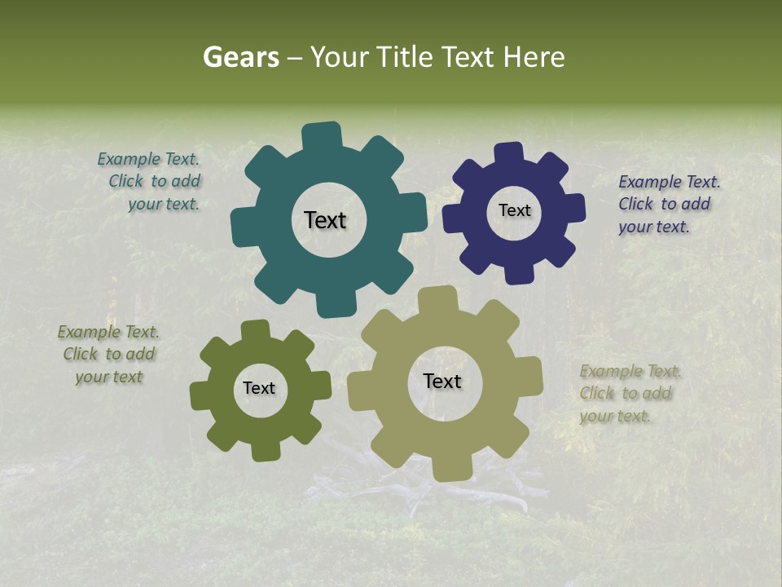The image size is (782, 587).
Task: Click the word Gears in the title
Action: tap(240, 58)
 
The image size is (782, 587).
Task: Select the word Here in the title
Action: tap(534, 58)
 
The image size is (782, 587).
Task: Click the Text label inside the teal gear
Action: tap(325, 220)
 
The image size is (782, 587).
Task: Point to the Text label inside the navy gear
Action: tap(514, 210)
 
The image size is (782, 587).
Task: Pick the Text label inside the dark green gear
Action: tap(259, 388)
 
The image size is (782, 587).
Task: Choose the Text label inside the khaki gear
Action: tap(442, 382)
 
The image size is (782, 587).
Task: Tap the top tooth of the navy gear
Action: tap(508, 153)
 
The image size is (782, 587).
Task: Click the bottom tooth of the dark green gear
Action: tap(263, 450)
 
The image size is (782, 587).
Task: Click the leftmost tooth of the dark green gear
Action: tap(200, 394)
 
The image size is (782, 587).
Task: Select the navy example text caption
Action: tap(668, 204)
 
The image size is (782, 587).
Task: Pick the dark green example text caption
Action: tap(108, 354)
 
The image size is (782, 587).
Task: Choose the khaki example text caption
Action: tap(630, 393)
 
